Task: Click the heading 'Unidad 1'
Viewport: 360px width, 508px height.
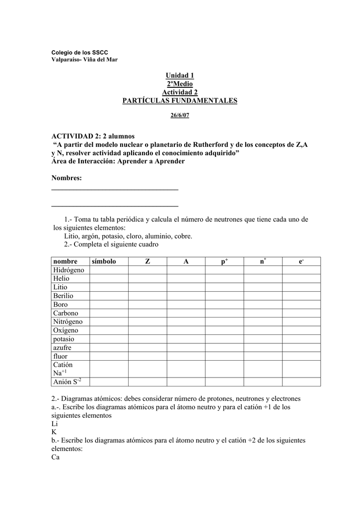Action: (180, 75)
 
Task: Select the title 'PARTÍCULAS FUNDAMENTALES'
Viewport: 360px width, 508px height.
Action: (180, 101)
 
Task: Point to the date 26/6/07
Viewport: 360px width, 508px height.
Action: (180, 116)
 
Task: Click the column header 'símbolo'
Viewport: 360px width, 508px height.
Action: (103, 261)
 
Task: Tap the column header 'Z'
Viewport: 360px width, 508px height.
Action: (147, 261)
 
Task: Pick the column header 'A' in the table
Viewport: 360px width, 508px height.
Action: (186, 261)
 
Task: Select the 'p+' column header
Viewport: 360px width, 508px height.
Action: (224, 261)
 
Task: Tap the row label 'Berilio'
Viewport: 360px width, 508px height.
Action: (63, 296)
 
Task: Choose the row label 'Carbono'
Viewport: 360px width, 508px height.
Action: (66, 313)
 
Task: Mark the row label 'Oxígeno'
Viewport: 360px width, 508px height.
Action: (66, 330)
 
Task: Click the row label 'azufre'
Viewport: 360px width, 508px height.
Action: (62, 347)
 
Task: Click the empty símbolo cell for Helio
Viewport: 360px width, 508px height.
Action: (109, 278)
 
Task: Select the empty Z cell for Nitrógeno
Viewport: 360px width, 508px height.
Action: (147, 321)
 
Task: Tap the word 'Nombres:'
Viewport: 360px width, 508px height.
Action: (67, 178)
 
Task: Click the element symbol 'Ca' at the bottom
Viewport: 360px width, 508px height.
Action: (55, 457)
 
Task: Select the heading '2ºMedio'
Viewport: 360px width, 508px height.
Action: (180, 84)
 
